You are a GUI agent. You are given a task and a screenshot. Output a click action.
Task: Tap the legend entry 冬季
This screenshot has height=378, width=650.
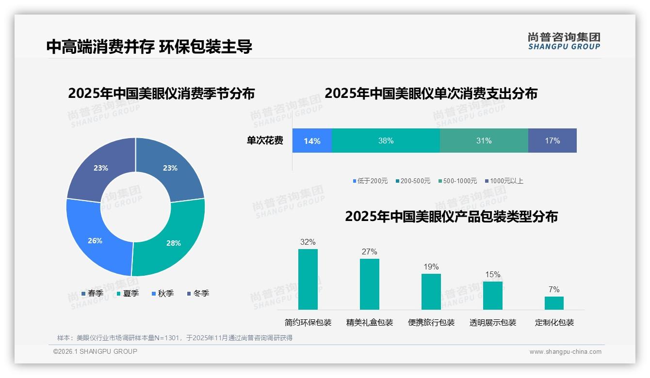pos(198,293)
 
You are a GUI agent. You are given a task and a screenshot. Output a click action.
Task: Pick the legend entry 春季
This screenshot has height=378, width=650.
pos(92,293)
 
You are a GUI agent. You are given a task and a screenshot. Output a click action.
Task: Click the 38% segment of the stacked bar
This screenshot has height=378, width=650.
pos(386,141)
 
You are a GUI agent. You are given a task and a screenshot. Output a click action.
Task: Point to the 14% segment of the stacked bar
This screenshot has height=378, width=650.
pos(312,141)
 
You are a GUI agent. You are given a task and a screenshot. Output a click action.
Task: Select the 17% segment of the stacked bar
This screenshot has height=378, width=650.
pos(552,141)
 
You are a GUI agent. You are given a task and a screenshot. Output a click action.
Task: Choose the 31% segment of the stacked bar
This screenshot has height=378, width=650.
pos(484,141)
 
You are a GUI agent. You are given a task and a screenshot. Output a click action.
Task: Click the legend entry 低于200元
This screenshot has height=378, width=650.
pos(370,181)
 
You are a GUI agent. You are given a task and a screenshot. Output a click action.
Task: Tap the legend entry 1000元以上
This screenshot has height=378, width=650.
pos(504,181)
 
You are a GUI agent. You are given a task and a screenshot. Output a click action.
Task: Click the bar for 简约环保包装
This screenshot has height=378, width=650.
pos(308,279)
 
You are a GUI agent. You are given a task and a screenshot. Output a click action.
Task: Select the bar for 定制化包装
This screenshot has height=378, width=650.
pos(554,303)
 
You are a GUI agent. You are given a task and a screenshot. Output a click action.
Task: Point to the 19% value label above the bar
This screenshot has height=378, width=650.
pos(431,267)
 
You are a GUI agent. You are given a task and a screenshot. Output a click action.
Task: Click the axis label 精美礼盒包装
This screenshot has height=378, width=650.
pos(370,322)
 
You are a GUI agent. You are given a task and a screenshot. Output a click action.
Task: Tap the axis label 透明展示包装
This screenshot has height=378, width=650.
pos(493,322)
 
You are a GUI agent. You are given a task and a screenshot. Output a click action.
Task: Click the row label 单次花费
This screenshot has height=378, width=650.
pos(265,141)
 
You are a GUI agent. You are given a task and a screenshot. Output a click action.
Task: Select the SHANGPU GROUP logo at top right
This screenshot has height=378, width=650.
pos(564,41)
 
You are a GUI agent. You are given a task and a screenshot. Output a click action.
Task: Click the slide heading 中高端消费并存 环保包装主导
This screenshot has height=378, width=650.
pos(149,47)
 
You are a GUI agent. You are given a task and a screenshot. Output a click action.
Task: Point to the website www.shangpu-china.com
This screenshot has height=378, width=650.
pos(565,352)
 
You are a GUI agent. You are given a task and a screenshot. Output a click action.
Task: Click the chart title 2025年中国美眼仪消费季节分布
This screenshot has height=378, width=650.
pos(161,93)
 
